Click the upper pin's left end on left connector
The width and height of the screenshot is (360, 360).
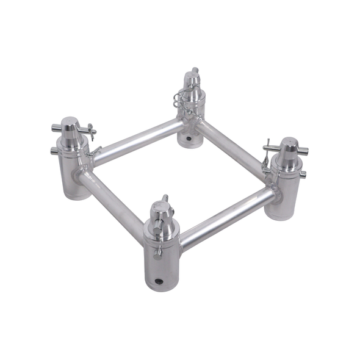coord(55,128)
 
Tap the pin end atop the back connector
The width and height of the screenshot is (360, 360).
coord(195,70)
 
